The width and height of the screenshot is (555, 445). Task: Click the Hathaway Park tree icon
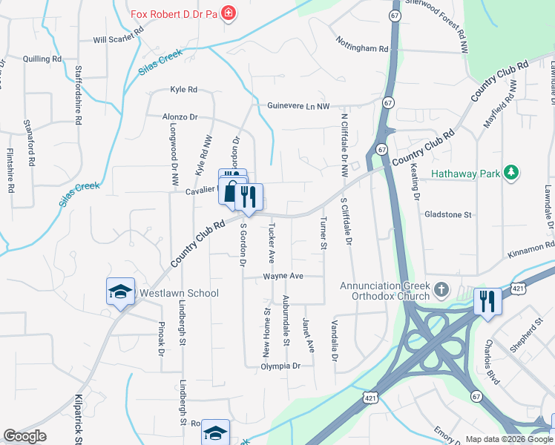pyautogui.click(x=510, y=173)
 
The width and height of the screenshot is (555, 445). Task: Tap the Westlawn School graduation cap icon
pyautogui.click(x=119, y=292)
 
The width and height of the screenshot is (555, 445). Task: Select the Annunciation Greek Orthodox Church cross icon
pyautogui.click(x=441, y=289)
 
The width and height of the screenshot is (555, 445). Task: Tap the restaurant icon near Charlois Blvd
pyautogui.click(x=487, y=301)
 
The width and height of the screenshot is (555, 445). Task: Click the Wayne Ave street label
pyautogui.click(x=283, y=276)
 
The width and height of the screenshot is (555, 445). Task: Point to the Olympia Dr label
pyautogui.click(x=280, y=366)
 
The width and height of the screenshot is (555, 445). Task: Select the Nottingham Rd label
pyautogui.click(x=362, y=49)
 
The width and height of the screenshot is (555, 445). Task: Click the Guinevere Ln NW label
pyautogui.click(x=298, y=106)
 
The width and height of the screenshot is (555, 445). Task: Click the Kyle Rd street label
pyautogui.click(x=183, y=90)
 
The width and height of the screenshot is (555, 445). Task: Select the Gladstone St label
pyautogui.click(x=448, y=214)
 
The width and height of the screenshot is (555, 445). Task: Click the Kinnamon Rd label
pyautogui.click(x=530, y=244)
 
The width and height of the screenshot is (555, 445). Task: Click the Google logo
pyautogui.click(x=24, y=436)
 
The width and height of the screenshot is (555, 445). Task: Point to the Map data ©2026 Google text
pyautogui.click(x=508, y=439)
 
